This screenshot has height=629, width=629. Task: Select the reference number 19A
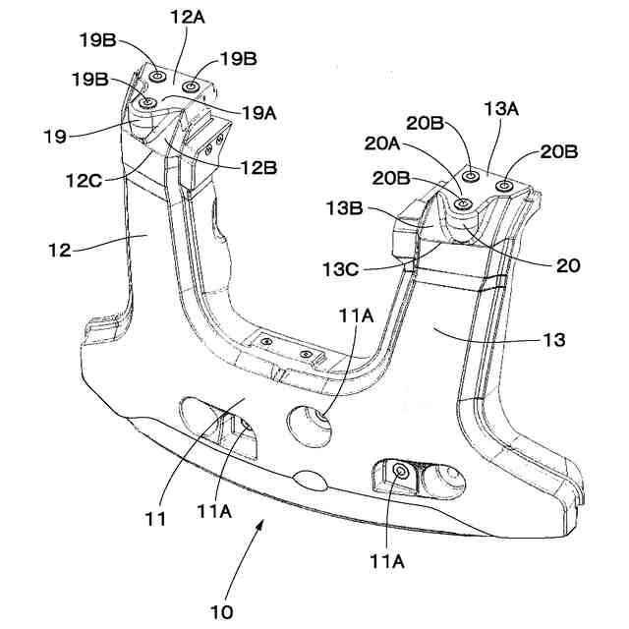[257, 113]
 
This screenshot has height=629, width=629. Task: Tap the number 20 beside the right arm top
[568, 265]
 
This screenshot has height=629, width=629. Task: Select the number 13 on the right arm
[553, 340]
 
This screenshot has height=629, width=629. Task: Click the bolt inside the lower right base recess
[400, 474]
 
